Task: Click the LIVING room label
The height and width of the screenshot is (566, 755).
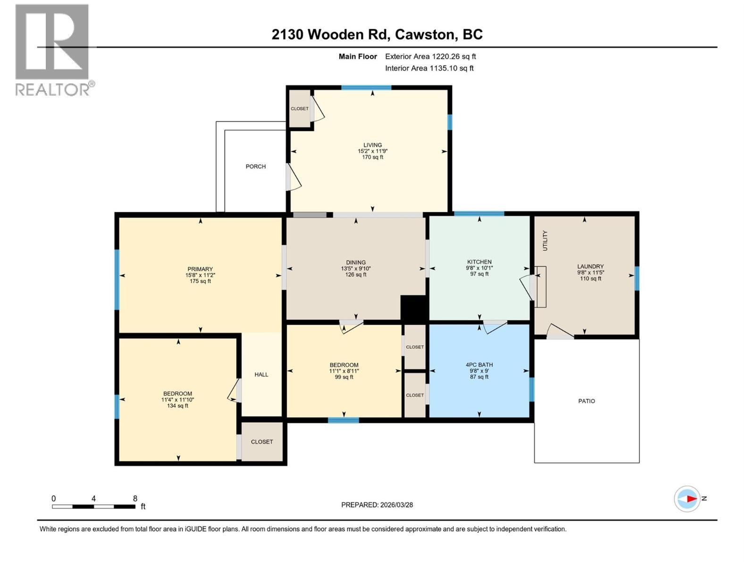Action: [x=372, y=145]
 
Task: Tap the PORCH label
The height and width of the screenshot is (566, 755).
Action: [x=255, y=166]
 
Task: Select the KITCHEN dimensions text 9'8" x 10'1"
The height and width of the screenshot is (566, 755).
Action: [x=479, y=268]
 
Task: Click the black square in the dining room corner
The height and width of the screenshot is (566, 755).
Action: [x=413, y=308]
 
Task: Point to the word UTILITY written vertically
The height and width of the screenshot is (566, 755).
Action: [x=545, y=241]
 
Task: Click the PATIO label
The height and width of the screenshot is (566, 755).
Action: [x=587, y=401]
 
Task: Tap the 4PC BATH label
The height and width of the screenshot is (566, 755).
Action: [x=479, y=365]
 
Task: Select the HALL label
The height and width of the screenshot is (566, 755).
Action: [x=261, y=375]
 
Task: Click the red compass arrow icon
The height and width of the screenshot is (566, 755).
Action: [x=691, y=499]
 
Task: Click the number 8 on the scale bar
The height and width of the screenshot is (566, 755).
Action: [x=135, y=499]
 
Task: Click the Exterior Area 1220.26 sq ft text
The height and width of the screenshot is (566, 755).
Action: [x=430, y=57]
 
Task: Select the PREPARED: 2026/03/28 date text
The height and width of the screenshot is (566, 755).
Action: [x=377, y=505]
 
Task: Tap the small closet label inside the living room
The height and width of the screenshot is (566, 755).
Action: [x=299, y=108]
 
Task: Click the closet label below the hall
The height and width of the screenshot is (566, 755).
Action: [x=262, y=442]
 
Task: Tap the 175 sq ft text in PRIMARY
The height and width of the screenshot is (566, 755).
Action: [x=200, y=281]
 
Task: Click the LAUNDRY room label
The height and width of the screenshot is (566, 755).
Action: [x=590, y=266]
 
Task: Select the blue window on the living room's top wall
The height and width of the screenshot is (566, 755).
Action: [x=366, y=87]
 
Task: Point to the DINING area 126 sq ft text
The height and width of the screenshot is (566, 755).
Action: [x=355, y=275]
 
